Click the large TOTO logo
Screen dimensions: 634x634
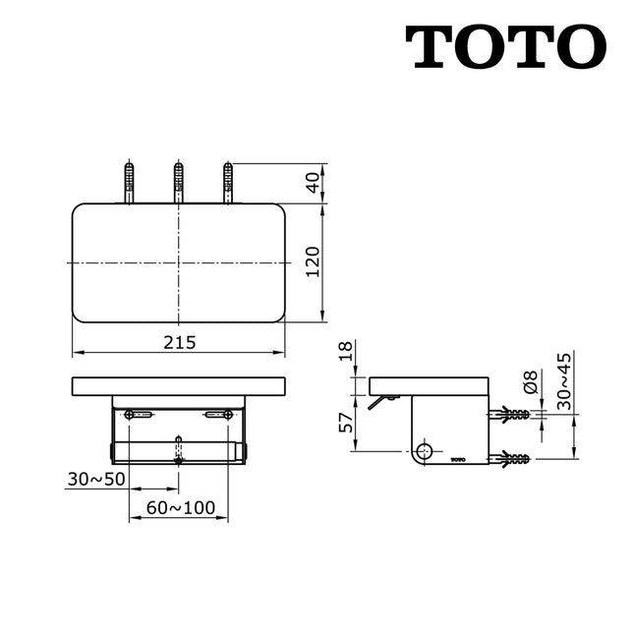[505, 46]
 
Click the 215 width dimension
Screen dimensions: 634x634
[181, 342]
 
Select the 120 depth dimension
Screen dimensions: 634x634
[314, 262]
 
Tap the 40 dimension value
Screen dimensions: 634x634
[314, 184]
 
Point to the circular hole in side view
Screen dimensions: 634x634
[424, 451]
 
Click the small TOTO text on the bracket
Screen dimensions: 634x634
[457, 459]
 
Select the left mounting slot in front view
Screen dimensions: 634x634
[140, 416]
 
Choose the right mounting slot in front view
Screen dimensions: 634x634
[217, 416]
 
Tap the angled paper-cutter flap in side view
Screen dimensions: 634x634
[378, 402]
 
